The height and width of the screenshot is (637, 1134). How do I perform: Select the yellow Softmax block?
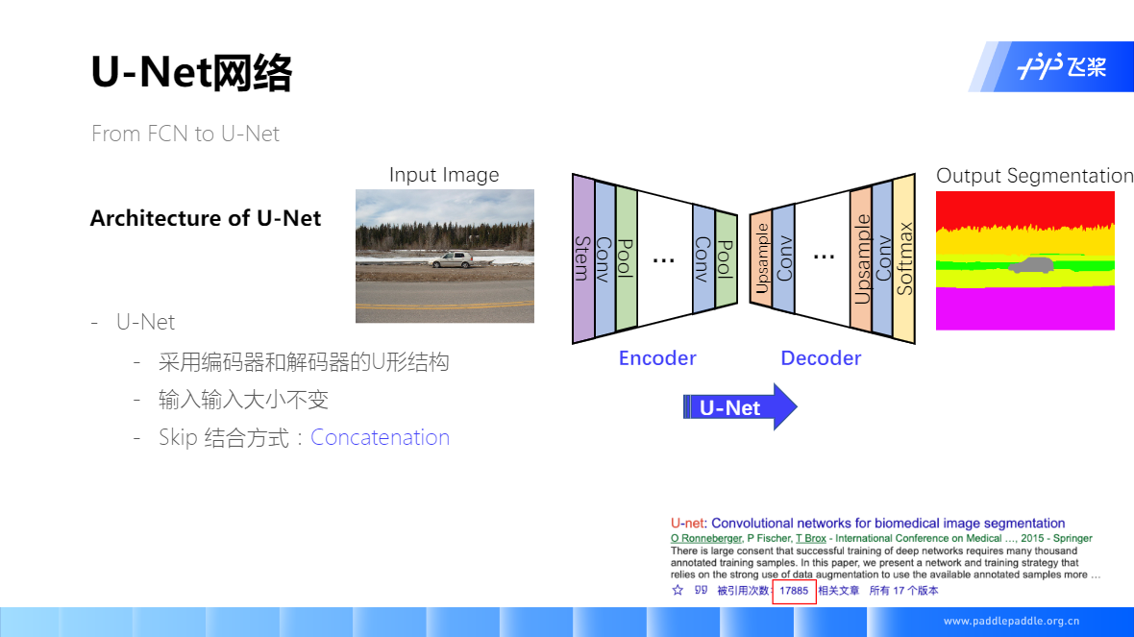click(x=903, y=257)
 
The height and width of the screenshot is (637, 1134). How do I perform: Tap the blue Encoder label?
click(x=657, y=358)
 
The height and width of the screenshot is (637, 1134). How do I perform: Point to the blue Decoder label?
click(x=821, y=358)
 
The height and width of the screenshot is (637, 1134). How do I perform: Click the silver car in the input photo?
click(x=452, y=259)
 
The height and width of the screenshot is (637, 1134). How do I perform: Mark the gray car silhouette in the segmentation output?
click(x=1031, y=265)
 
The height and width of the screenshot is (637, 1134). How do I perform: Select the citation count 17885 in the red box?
click(x=794, y=591)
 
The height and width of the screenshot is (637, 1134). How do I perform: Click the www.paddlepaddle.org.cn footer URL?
click(x=1011, y=621)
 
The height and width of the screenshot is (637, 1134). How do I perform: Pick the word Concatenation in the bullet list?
click(x=380, y=437)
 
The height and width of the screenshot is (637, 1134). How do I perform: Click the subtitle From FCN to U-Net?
click(x=185, y=134)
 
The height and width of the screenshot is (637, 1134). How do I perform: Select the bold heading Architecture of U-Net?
click(x=206, y=218)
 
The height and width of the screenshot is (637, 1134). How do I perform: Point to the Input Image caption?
click(x=444, y=175)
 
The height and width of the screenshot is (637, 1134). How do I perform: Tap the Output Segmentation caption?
click(x=1034, y=176)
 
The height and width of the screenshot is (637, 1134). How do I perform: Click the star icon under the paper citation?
click(x=678, y=591)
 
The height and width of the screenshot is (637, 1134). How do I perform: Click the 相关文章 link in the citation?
click(x=838, y=591)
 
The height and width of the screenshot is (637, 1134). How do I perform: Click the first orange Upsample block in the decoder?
click(x=761, y=259)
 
